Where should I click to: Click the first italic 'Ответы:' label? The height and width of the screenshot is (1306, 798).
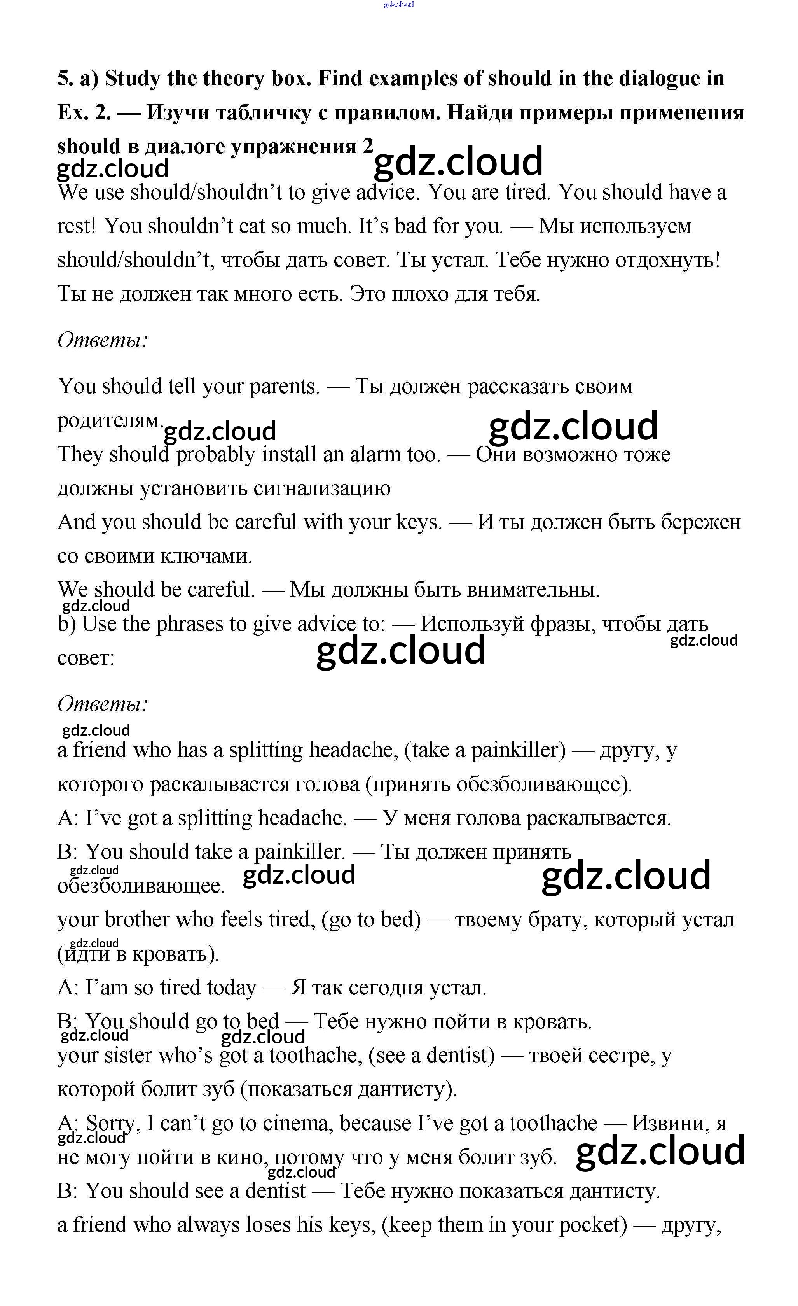tap(102, 340)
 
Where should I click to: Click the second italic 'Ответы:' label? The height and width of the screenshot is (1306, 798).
tap(102, 704)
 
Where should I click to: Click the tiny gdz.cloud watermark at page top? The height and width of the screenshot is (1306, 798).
tap(398, 4)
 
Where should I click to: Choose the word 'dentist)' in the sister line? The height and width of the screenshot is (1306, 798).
tap(461, 1055)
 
